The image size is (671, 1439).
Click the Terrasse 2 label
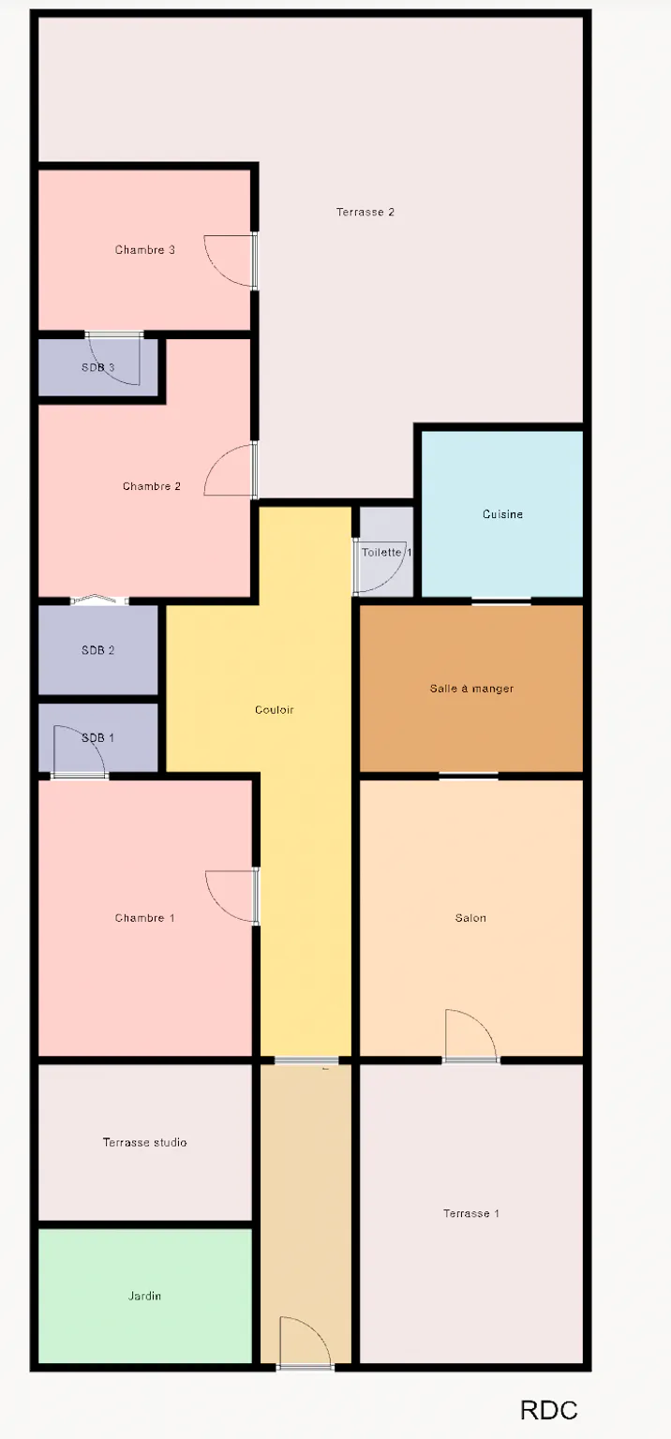click(x=365, y=212)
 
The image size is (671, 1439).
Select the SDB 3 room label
click(x=97, y=367)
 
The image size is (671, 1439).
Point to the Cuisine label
click(x=502, y=514)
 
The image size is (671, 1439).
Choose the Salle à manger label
click(x=471, y=689)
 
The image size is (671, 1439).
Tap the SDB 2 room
click(x=97, y=650)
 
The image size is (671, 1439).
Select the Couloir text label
click(x=275, y=710)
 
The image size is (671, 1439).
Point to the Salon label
click(x=470, y=918)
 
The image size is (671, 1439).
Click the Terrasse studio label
click(x=144, y=1142)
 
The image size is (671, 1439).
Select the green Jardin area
click(x=144, y=1296)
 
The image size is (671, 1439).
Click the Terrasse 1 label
click(x=471, y=1213)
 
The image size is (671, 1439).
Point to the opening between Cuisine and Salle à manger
click(x=501, y=601)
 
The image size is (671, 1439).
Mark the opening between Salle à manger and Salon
click(x=469, y=776)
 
